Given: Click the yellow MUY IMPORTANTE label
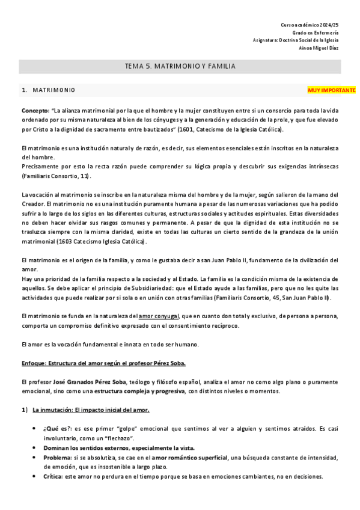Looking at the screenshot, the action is pyautogui.click(x=331, y=90).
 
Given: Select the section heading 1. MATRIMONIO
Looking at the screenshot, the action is pyautogui.click(x=47, y=90).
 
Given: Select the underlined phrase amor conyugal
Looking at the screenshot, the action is pyautogui.click(x=159, y=316).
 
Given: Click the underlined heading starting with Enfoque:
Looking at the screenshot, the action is pyautogui.click(x=104, y=363).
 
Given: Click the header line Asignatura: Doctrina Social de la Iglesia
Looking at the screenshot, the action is pyautogui.click(x=296, y=40).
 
